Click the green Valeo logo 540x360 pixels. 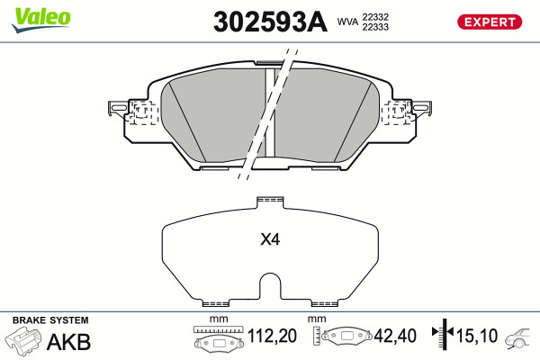point(41,20)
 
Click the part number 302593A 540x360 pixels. point(270,22)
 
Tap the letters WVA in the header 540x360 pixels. point(347,22)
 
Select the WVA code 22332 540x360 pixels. point(375,17)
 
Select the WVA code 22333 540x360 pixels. point(375,27)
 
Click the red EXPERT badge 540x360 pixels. point(490,22)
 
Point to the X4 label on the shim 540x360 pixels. point(270,239)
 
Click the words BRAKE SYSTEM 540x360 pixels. point(50,320)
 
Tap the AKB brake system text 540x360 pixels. point(68,342)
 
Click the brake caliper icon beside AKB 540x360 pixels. point(23,340)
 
